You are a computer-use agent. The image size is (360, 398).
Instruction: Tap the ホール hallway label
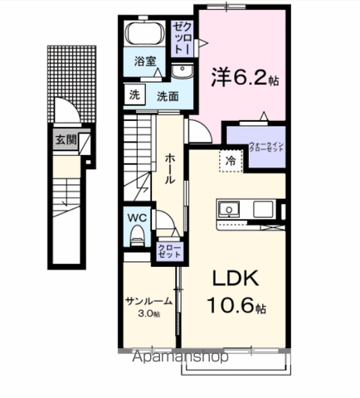[169, 165]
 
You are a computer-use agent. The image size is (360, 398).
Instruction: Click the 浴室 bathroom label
[144, 61]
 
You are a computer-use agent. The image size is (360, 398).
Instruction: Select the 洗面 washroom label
[168, 95]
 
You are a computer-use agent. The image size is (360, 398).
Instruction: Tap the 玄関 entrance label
[66, 140]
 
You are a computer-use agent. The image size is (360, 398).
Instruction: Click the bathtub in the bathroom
[146, 36]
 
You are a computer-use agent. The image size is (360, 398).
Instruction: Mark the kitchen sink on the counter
[228, 209]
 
